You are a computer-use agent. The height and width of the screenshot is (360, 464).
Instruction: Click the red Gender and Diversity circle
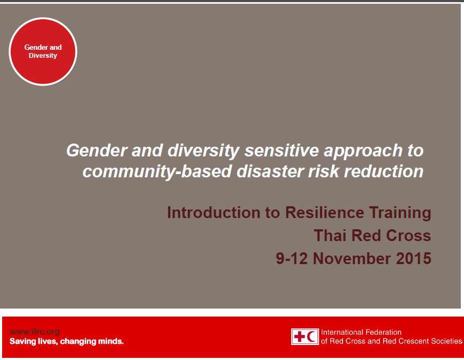click(43, 51)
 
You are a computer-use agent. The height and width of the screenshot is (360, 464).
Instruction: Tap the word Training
click(399, 213)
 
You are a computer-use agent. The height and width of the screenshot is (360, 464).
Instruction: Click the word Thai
click(331, 236)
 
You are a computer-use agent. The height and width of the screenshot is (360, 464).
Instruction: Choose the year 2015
click(414, 258)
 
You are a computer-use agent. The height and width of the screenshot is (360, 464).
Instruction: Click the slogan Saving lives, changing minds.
click(67, 341)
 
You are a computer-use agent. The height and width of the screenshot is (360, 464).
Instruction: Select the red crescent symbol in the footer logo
click(311, 336)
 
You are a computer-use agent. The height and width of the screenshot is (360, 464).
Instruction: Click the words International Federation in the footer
click(361, 332)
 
